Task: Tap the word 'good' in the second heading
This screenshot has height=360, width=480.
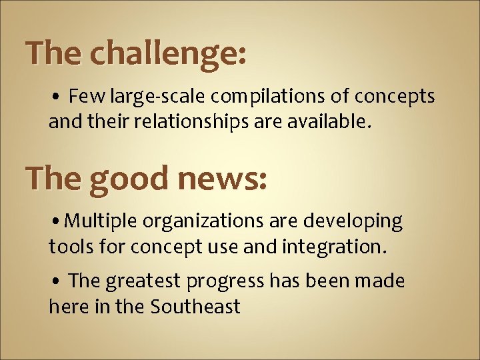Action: tap(129, 179)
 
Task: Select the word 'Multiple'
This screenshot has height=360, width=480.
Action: tap(101, 221)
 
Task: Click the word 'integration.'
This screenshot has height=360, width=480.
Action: tap(333, 247)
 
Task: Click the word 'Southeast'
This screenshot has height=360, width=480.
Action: tap(195, 307)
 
